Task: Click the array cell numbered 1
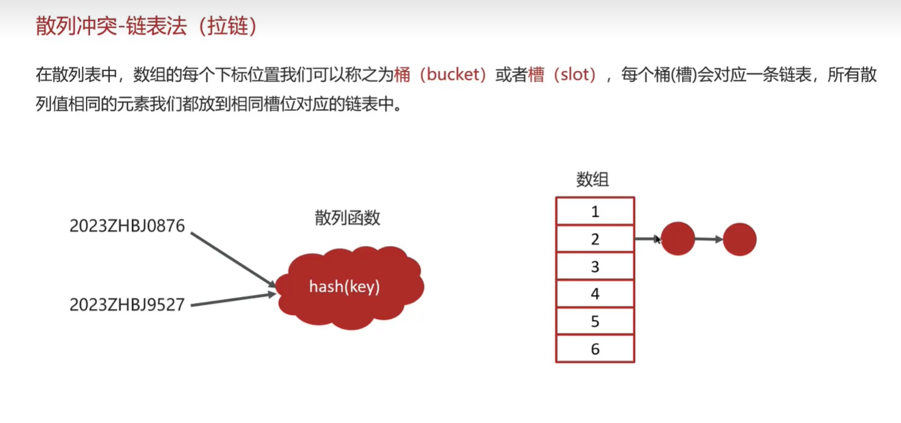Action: [x=595, y=211]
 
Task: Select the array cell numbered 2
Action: [x=595, y=239]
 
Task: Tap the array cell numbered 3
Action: [x=595, y=266]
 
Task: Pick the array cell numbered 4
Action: [x=595, y=294]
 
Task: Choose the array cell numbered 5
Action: [x=595, y=321]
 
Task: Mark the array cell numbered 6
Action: [x=595, y=349]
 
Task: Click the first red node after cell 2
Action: [x=678, y=239]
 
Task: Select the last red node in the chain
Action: [x=740, y=239]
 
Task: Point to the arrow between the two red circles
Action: [x=708, y=239]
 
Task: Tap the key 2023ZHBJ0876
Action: [x=127, y=226]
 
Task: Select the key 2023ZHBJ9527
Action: [x=127, y=304]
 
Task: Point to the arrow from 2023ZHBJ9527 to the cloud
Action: [x=233, y=300]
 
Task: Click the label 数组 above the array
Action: [x=593, y=180]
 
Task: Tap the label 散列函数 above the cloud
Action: [x=347, y=218]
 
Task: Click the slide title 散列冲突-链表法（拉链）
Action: [x=144, y=26]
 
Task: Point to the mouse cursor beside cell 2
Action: [x=657, y=240]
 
